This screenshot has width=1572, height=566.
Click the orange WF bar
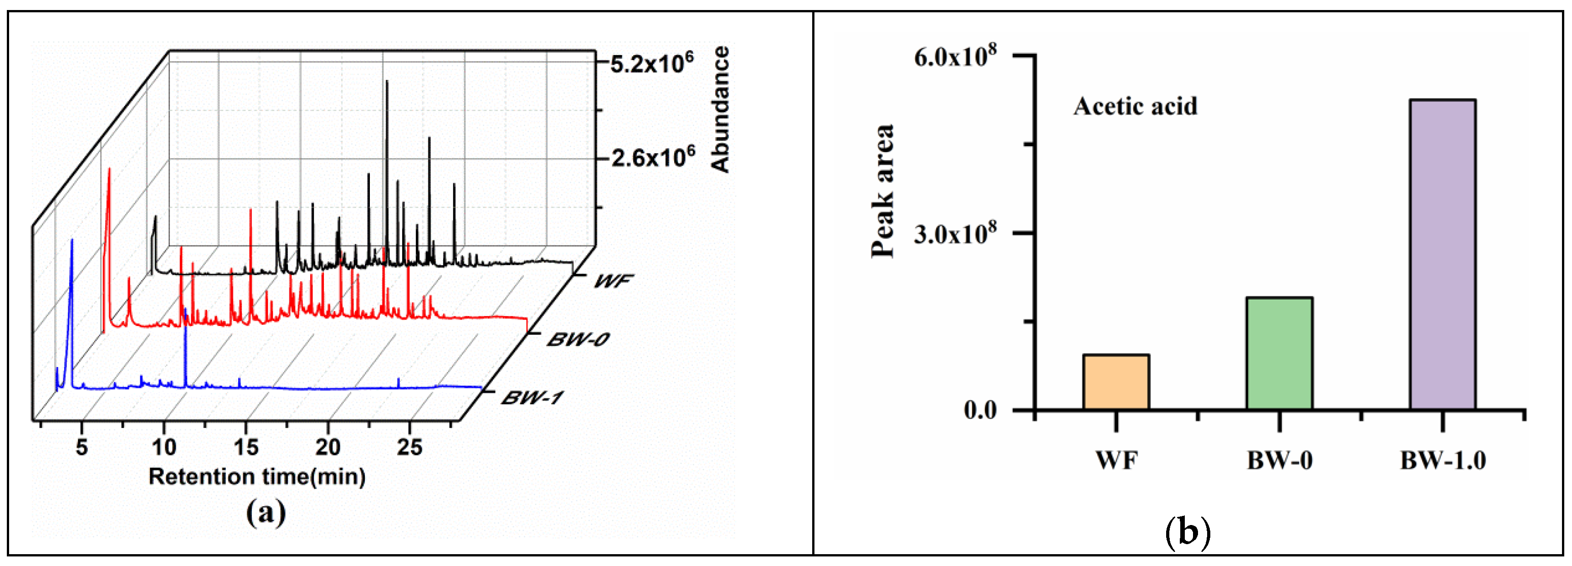[x=1116, y=381]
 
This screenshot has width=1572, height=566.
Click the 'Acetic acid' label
[x=1135, y=106]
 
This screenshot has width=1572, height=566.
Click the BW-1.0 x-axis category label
[x=1443, y=460]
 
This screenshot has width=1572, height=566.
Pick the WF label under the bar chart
[x=1116, y=460]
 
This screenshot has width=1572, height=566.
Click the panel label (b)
[x=1188, y=532]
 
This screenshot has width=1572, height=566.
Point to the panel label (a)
[x=266, y=512]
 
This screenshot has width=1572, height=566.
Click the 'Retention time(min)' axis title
[x=257, y=476]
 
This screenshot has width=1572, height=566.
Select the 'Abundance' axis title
[x=721, y=109]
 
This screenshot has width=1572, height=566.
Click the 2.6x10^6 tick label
[x=653, y=158]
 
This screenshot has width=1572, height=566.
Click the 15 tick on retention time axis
[x=246, y=447]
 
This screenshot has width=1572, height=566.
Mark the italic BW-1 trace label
[x=532, y=398]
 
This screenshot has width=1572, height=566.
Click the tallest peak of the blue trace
[x=72, y=241]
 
